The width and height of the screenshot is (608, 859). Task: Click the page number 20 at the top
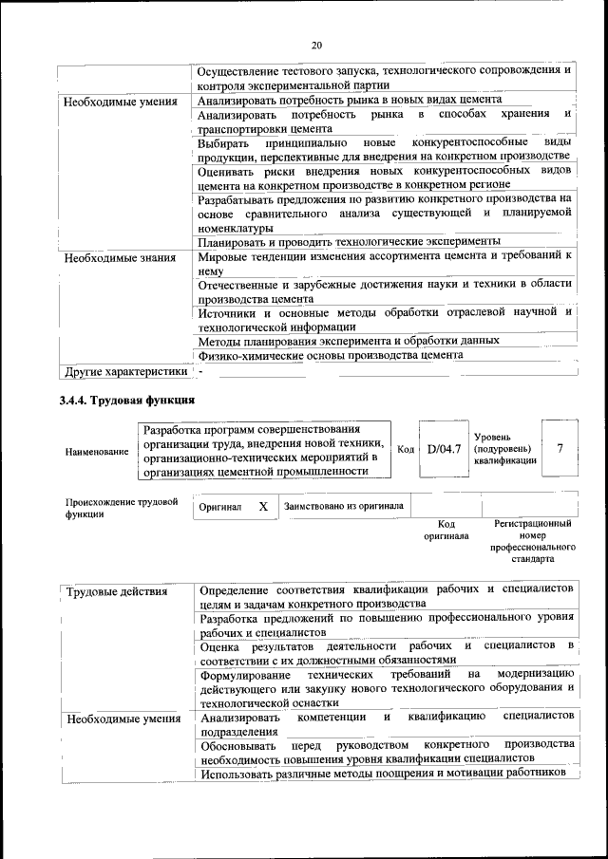pos(316,44)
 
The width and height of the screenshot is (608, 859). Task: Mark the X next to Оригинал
pos(263,507)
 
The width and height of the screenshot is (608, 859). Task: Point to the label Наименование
pos(97,452)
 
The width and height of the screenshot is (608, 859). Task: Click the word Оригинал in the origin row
pos(219,507)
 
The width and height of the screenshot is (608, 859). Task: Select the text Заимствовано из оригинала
pos(344,506)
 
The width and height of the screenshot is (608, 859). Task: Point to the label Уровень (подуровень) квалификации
pos(504,448)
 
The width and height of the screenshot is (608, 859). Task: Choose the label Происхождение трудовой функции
pos(122,507)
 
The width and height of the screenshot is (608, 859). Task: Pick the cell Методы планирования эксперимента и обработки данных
pos(349,340)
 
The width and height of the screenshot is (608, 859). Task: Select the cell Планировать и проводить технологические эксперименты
pos(349,242)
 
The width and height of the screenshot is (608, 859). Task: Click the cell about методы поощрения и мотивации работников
pos(383,774)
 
